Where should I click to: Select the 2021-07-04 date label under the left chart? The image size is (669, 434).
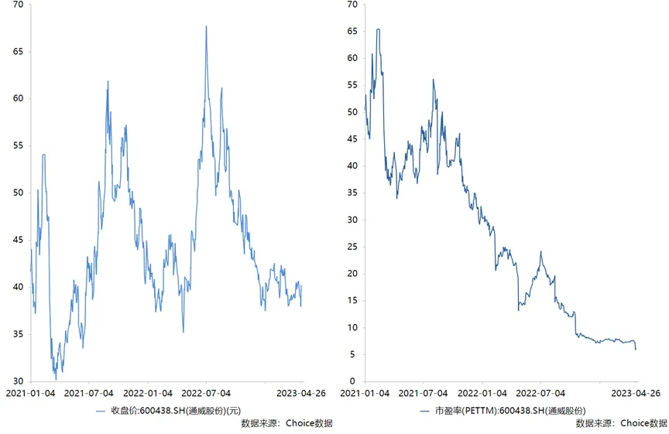coord(89,394)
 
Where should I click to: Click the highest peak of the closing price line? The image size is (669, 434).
coord(206,26)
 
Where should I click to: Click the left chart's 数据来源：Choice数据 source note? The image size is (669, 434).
coord(286,423)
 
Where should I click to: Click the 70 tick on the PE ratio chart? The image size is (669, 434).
coord(353,5)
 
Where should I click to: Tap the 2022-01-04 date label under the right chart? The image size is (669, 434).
coord(482,394)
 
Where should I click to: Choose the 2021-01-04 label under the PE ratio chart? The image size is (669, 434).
coord(365,394)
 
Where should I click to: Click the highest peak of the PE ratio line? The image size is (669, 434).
coord(378,29)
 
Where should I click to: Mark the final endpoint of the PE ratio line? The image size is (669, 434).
coord(636,349)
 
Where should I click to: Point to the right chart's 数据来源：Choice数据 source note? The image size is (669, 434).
coord(621,423)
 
